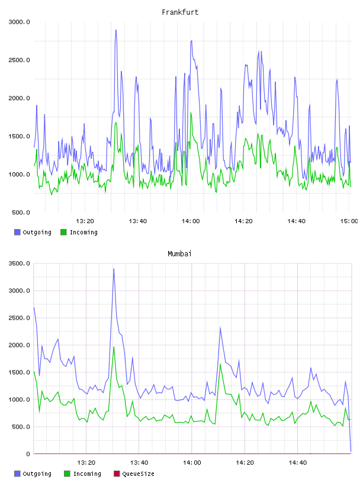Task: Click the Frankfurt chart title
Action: (180, 12)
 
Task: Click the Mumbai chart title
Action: (179, 254)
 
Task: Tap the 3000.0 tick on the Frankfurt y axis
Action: (19, 22)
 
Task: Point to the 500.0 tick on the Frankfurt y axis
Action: (21, 212)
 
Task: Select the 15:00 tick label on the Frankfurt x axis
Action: (349, 221)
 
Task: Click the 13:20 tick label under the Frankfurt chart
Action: (85, 221)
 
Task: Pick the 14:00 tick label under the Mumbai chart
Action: (192, 463)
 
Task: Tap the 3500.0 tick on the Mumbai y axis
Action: (19, 263)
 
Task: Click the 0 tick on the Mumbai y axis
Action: (28, 454)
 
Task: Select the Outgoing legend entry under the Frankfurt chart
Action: (33, 232)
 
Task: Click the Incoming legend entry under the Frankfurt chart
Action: (79, 232)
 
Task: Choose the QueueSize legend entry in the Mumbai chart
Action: (134, 474)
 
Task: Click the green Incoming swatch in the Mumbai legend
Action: (67, 474)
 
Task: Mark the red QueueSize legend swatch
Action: (117, 474)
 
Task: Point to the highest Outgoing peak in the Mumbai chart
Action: (114, 269)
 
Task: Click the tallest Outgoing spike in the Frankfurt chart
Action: (116, 30)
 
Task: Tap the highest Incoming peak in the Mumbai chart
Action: (114, 347)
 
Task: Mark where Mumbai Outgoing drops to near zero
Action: (351, 451)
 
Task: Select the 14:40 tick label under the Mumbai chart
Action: (297, 463)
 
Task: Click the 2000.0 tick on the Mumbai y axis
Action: (19, 345)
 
